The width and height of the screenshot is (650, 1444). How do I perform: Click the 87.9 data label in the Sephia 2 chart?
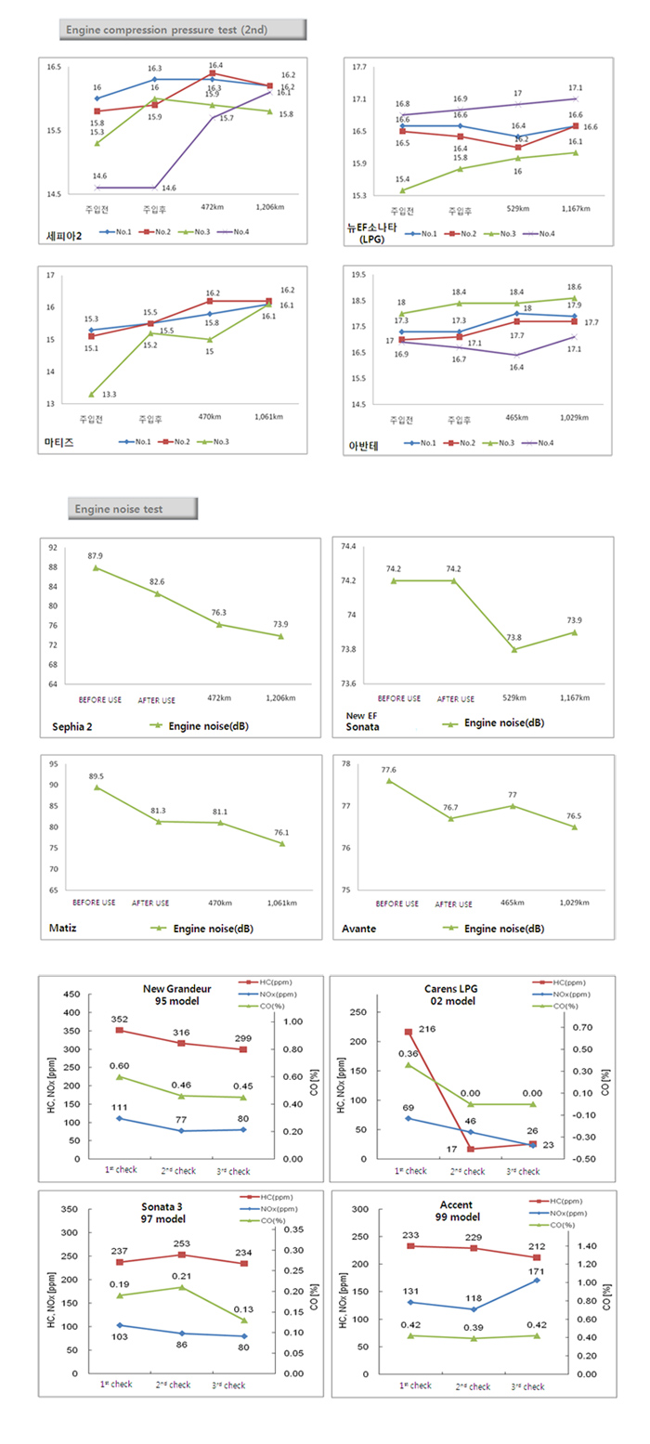tap(96, 555)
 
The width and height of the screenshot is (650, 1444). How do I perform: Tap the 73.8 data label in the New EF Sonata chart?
tap(514, 638)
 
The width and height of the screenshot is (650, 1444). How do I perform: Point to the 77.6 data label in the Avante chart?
tap(388, 770)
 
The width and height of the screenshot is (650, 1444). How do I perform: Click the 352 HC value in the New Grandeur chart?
tap(119, 1018)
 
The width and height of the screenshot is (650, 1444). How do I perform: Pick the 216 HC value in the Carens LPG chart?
tap(427, 1029)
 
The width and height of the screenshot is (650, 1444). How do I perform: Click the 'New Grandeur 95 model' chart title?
tap(177, 995)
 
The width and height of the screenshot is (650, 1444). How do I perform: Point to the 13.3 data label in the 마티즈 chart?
tap(110, 395)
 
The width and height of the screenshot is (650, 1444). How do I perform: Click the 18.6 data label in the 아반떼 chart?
tap(577, 287)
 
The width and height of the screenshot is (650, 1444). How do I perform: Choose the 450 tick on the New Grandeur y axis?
tap(71, 994)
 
